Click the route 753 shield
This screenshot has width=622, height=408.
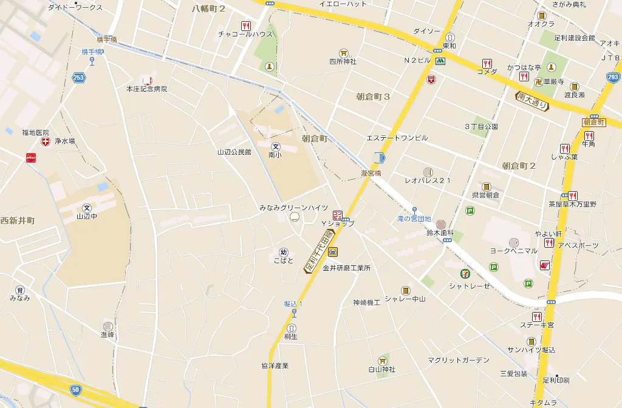78,77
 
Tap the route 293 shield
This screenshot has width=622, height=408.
613,77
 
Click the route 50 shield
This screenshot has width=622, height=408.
75,389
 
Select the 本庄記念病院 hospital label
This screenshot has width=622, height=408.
146,89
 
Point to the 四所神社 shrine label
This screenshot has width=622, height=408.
343,61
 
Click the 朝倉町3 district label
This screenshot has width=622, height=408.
373,97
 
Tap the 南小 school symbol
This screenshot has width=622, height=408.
276,146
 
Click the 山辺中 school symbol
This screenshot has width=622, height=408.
86,207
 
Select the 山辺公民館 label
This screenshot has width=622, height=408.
234,152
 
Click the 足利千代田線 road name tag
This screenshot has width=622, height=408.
320,251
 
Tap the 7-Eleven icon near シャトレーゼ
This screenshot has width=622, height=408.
465,274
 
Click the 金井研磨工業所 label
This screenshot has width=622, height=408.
346,268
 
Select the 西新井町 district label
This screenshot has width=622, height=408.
18,220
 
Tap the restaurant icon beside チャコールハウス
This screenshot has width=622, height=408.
246,25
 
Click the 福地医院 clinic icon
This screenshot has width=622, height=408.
46,141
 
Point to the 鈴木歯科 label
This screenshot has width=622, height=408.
440,233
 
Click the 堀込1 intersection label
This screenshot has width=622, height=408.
293,304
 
